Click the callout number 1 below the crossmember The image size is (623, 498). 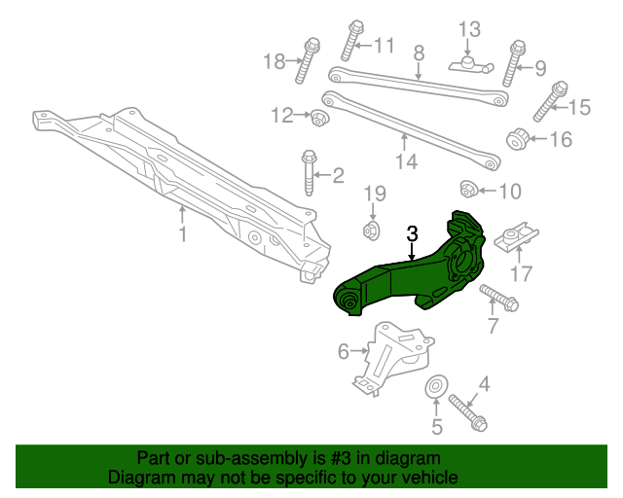181,235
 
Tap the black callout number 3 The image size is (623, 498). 412,233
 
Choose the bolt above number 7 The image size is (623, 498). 497,297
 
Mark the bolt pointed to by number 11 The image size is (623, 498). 351,41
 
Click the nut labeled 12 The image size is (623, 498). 318,118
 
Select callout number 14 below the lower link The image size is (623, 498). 406,161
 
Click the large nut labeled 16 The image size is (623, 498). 518,139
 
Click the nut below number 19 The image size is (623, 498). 370,231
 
